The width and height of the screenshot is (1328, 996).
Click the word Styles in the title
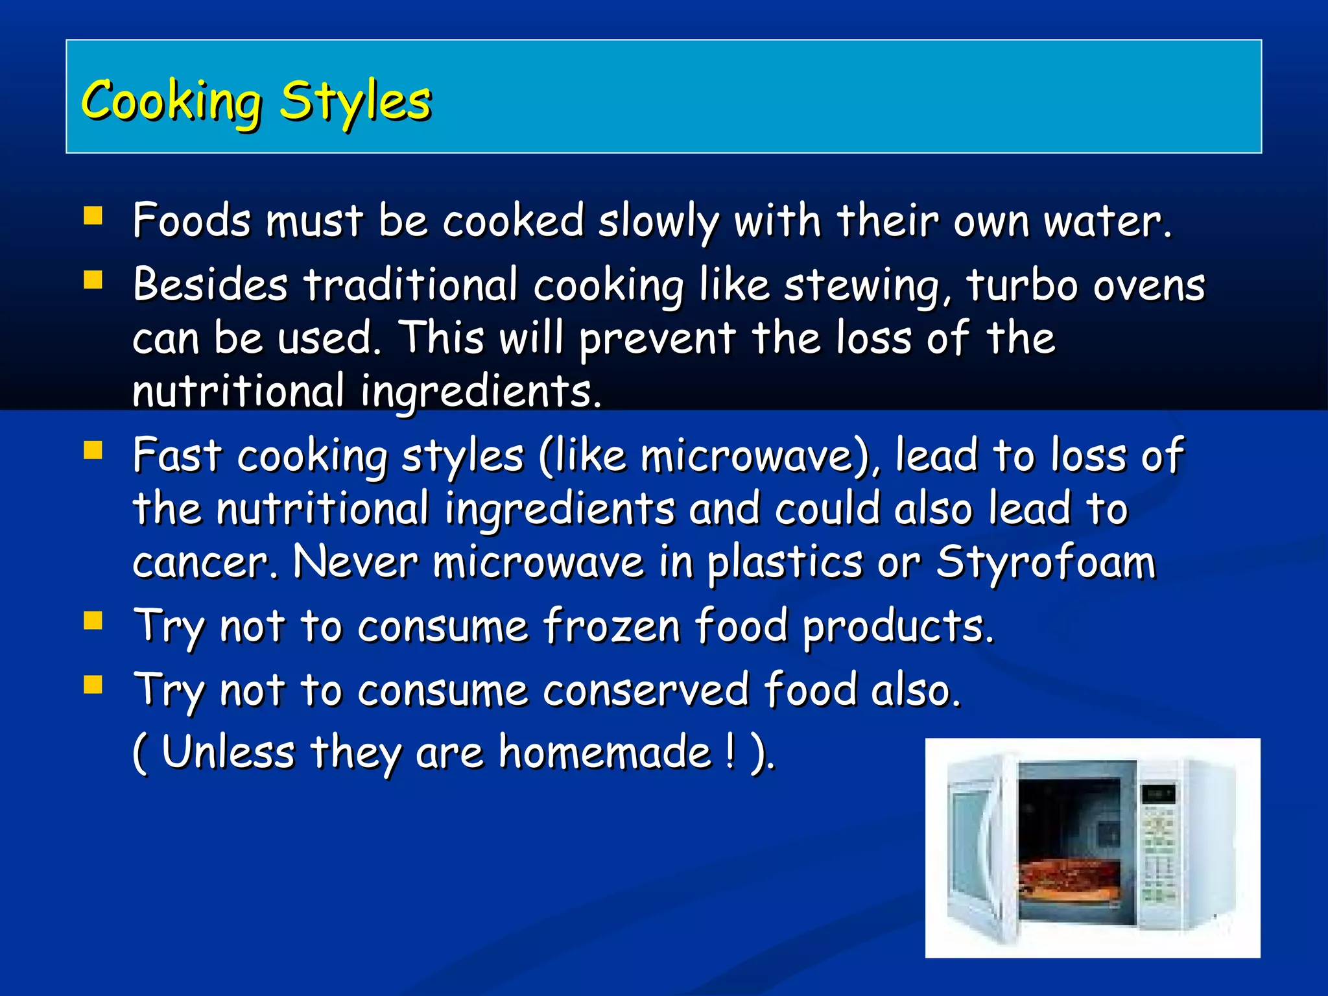click(355, 102)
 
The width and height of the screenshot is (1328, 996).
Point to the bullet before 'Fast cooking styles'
click(93, 450)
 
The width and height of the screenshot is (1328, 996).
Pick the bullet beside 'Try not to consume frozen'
click(93, 621)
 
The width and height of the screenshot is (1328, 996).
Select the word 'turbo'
click(1022, 285)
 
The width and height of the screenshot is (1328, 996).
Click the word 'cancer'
click(205, 562)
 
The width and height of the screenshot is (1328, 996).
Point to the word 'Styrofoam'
click(1045, 562)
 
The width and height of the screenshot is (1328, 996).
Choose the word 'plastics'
click(785, 562)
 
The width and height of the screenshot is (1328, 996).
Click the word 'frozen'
click(611, 626)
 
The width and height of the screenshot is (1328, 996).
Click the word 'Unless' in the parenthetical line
click(228, 753)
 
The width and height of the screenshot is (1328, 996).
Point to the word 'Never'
click(355, 561)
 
